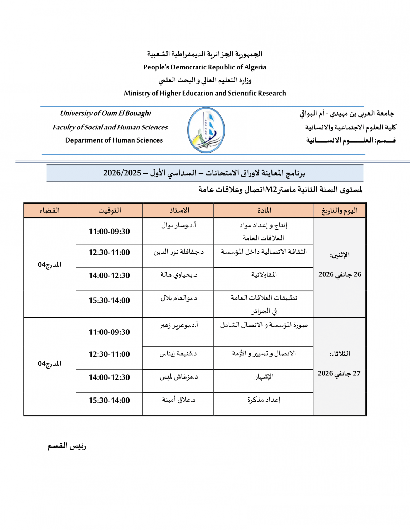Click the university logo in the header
(206, 130)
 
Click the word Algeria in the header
(255, 67)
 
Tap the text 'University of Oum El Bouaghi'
(105, 113)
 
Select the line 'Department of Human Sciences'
(114, 140)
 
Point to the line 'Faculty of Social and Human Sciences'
(110, 127)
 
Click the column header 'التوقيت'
(109, 210)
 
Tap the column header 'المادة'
(264, 210)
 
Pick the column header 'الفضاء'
(50, 210)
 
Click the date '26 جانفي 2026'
(340, 274)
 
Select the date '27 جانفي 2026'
(339, 373)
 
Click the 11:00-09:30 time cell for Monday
(109, 232)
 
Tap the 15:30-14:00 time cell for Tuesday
(109, 400)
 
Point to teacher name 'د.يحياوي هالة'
(179, 275)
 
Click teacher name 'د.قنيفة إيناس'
(178, 354)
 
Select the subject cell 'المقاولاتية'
(264, 275)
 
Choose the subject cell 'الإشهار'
(264, 376)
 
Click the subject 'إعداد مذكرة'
(264, 400)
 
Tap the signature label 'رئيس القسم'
(67, 446)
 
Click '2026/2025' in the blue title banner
(122, 173)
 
